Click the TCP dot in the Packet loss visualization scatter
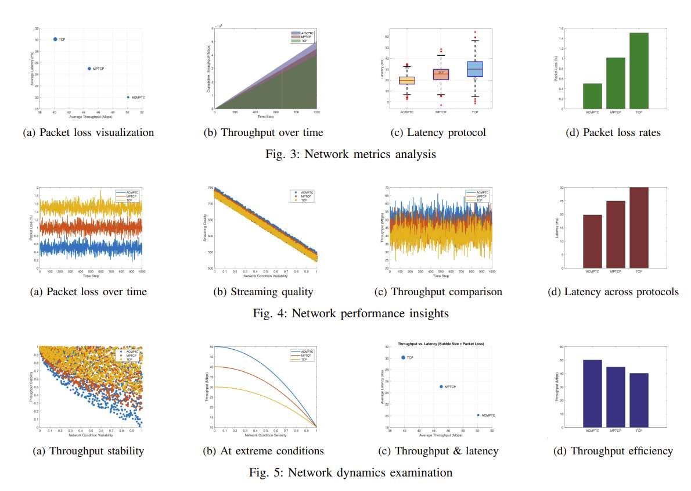55,39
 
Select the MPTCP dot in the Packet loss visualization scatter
89,69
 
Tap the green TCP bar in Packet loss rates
639,71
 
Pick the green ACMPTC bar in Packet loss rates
593,96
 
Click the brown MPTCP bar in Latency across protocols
616,234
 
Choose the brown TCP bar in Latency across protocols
639,228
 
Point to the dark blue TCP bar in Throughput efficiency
639,400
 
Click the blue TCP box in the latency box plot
475,69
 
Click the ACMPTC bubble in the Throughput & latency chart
478,415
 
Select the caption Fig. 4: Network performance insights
351,314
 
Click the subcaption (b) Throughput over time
263,132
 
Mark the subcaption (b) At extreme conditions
263,451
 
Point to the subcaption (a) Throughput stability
88,451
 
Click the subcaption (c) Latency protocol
438,132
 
